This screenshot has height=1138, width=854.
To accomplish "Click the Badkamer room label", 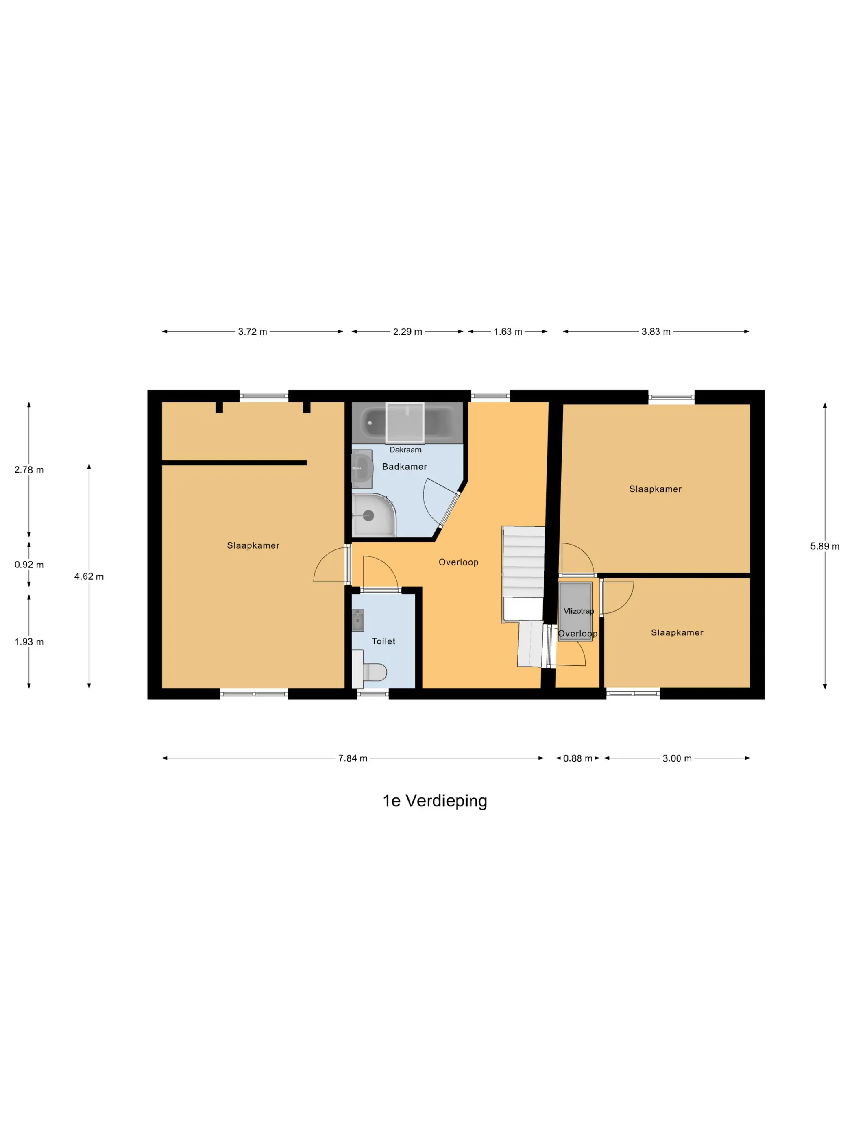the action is tap(404, 467).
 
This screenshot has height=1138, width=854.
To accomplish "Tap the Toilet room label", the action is tap(383, 641).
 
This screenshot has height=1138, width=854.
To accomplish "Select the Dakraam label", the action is tap(405, 450).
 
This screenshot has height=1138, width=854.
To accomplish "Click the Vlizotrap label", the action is tap(579, 611).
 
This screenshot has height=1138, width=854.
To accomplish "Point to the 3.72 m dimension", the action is tap(252, 332).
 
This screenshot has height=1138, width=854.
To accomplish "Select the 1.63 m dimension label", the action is tap(508, 332).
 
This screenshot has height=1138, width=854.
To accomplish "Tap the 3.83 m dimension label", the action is tap(656, 332).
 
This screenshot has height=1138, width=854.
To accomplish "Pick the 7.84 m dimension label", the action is tap(353, 758).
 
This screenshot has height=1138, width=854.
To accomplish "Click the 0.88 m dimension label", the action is tap(577, 758).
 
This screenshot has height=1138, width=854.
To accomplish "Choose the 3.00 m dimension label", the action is tap(677, 758).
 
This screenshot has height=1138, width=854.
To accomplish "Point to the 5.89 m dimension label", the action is tap(825, 546).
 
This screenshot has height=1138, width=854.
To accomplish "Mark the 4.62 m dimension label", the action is tap(89, 576).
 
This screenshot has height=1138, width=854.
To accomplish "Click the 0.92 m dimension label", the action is tap(29, 565).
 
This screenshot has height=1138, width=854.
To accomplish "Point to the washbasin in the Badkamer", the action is tap(362, 469).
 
